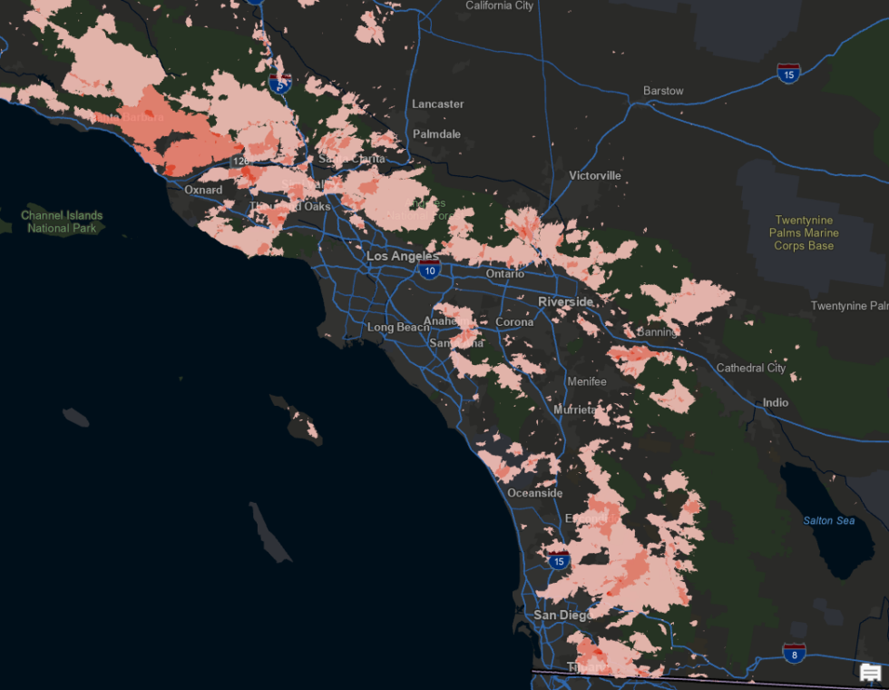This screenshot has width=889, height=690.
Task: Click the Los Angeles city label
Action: pyautogui.click(x=403, y=257)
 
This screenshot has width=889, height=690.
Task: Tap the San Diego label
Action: pyautogui.click(x=562, y=615)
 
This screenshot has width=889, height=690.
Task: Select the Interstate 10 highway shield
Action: pyautogui.click(x=430, y=270)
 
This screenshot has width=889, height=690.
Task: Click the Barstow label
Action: pyautogui.click(x=663, y=91)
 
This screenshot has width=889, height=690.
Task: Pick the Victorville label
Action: pyautogui.click(x=595, y=175)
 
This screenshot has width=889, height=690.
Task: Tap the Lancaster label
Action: pyautogui.click(x=437, y=104)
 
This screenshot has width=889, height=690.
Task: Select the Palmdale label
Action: pyautogui.click(x=436, y=134)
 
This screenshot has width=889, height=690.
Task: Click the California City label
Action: pyautogui.click(x=499, y=5)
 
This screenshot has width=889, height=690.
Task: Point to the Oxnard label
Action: pyautogui.click(x=203, y=191)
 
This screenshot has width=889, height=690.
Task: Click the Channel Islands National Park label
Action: pyautogui.click(x=62, y=222)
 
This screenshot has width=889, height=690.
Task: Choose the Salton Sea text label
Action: pyautogui.click(x=828, y=520)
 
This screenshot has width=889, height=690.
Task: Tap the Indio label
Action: pyautogui.click(x=776, y=402)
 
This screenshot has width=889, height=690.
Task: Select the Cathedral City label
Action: pyautogui.click(x=751, y=368)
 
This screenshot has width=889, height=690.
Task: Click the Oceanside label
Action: pyautogui.click(x=534, y=493)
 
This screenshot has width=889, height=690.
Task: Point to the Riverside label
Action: pyautogui.click(x=565, y=301)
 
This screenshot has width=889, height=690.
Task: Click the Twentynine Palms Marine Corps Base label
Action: pyautogui.click(x=804, y=232)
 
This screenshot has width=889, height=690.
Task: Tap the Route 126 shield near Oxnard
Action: pyautogui.click(x=240, y=161)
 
